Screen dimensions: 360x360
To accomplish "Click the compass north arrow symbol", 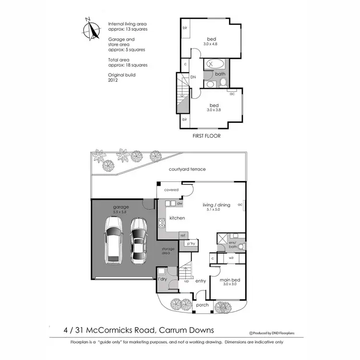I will [89, 29].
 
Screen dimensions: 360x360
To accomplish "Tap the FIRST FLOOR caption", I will [206, 136].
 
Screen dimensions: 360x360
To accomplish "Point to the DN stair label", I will [193, 77].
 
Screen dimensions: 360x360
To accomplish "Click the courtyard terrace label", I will [187, 169].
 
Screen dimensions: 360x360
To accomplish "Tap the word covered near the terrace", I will [171, 190].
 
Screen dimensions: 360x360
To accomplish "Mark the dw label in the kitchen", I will [180, 204].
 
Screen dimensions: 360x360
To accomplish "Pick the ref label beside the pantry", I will [183, 235].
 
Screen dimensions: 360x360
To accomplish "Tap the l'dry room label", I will [162, 278].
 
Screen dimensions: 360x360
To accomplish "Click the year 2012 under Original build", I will [113, 81].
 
